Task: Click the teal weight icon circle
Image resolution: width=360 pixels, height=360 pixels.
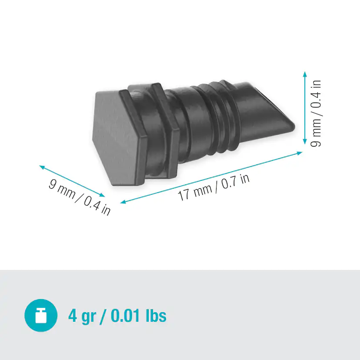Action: [41, 315]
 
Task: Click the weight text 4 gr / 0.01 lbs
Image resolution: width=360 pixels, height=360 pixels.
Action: [117, 315]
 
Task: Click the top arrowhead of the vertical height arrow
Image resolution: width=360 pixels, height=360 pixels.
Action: [305, 74]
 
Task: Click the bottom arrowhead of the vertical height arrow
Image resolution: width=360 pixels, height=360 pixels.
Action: [305, 142]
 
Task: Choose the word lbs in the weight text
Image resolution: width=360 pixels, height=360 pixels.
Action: [156, 315]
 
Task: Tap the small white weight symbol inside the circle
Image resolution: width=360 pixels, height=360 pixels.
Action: [41, 316]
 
